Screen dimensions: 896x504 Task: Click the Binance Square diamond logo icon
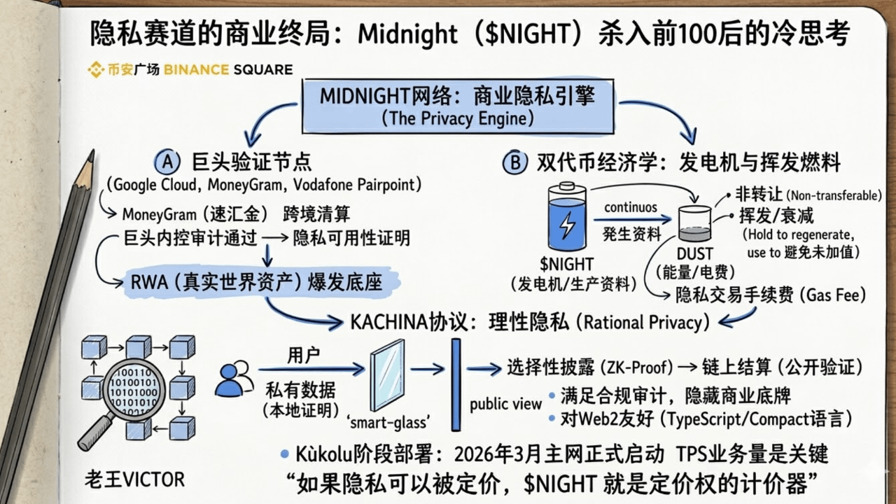point(96,69)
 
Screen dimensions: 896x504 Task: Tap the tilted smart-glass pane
point(387,374)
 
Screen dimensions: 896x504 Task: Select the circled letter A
point(168,162)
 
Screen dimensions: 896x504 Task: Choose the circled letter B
point(513,163)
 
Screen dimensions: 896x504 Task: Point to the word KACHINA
point(388,322)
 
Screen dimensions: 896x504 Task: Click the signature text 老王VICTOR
point(134,479)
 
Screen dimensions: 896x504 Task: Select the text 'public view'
point(505,404)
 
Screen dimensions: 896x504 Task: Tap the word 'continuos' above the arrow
point(631,208)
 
